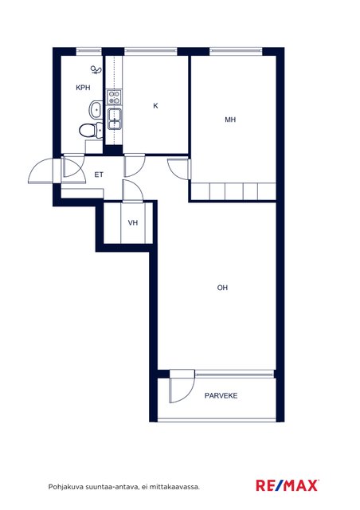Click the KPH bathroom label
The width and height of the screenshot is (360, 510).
[83, 88]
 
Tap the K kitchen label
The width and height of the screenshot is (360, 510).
[155, 106]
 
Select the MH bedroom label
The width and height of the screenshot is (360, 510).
[230, 120]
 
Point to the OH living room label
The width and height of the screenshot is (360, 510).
[222, 288]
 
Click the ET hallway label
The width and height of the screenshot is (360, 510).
[99, 175]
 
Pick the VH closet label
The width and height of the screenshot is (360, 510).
[133, 223]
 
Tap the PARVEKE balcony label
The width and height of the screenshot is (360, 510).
[221, 395]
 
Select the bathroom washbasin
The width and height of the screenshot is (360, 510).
[96, 110]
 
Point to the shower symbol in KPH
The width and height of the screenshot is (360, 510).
[96, 71]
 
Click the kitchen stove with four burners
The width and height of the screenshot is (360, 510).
[114, 97]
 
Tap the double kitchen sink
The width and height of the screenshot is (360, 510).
[115, 119]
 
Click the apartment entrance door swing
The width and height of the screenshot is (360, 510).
[41, 171]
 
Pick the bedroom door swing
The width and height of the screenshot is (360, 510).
[178, 169]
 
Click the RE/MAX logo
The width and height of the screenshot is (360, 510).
[287, 485]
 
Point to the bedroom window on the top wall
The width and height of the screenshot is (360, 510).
[236, 51]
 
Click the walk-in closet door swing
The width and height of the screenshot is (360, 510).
[133, 190]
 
